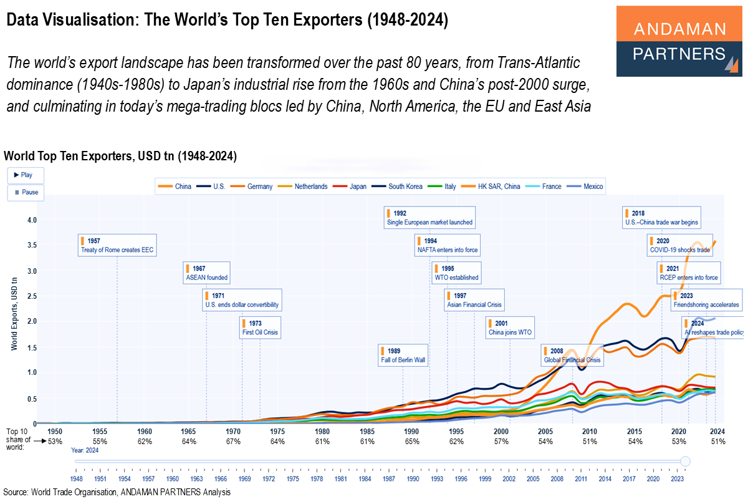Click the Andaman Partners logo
[x=679, y=41]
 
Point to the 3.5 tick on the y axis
[x=31, y=246]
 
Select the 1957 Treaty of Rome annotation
[x=117, y=245]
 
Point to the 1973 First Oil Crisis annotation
[x=260, y=328]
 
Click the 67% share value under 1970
[x=234, y=442]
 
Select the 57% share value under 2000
[x=501, y=442]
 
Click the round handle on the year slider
[x=686, y=462]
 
